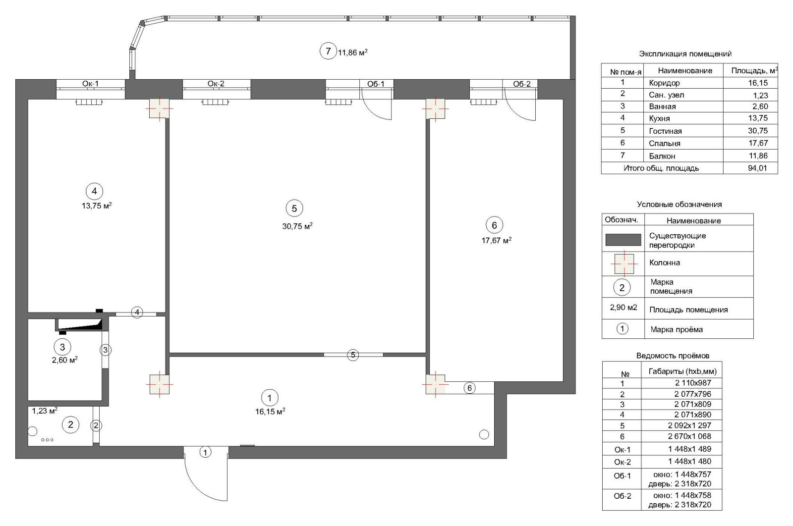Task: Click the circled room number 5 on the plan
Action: [x=294, y=209]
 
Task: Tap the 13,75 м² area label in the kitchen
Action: [x=97, y=206]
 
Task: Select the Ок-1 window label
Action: [x=90, y=84]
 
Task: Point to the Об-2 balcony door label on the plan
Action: [x=522, y=84]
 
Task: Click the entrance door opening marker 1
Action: [x=205, y=452]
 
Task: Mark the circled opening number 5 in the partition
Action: [x=353, y=355]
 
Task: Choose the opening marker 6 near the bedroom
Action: [x=469, y=388]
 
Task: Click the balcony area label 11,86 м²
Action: [x=352, y=53]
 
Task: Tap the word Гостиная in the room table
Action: [x=665, y=131]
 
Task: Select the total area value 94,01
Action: [x=757, y=168]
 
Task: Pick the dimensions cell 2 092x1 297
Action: [x=689, y=425]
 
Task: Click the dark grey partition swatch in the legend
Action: [x=623, y=240]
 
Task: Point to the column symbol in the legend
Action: [x=624, y=264]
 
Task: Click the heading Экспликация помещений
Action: [x=685, y=54]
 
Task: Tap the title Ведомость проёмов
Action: [x=673, y=356]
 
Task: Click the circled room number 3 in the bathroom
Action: [x=62, y=347]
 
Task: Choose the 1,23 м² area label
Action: [x=45, y=411]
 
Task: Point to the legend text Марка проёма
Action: [x=677, y=330]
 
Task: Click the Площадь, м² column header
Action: [x=754, y=70]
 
